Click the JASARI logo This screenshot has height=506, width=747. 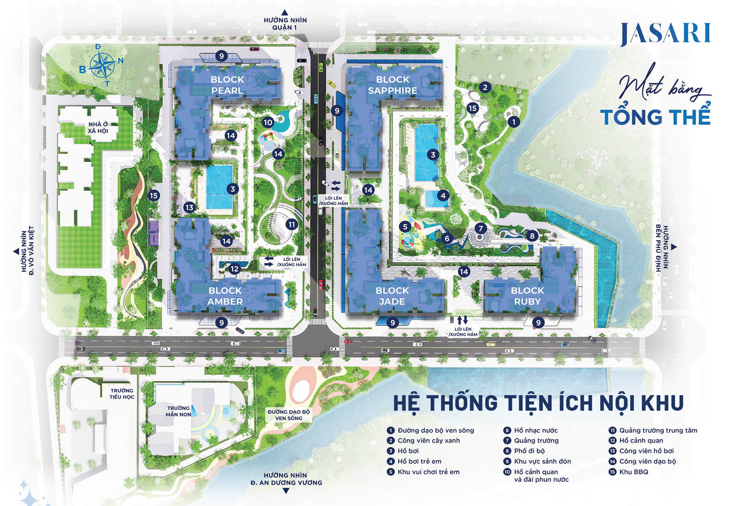[665, 33]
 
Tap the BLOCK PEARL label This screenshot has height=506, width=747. [227, 85]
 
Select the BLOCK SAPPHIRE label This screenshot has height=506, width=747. [393, 85]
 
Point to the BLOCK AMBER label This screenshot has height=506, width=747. [225, 296]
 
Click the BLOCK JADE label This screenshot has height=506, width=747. [392, 296]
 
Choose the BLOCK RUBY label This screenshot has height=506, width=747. [527, 296]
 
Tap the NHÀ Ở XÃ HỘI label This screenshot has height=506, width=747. [98, 128]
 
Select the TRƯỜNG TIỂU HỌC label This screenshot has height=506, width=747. [122, 394]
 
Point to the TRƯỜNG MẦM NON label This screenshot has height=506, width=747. [179, 411]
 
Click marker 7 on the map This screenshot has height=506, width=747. [480, 228]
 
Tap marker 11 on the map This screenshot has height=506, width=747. [292, 224]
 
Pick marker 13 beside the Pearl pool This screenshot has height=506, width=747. [189, 207]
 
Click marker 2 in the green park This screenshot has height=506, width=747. [485, 87]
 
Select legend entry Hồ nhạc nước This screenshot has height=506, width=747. [535, 430]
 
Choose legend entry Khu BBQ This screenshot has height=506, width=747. [633, 472]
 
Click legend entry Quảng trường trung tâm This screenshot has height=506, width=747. [658, 430]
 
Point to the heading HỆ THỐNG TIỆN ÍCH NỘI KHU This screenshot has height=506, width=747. [538, 403]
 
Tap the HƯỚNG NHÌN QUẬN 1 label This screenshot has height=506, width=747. [285, 24]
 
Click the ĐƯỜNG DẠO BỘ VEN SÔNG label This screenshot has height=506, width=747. [289, 415]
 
